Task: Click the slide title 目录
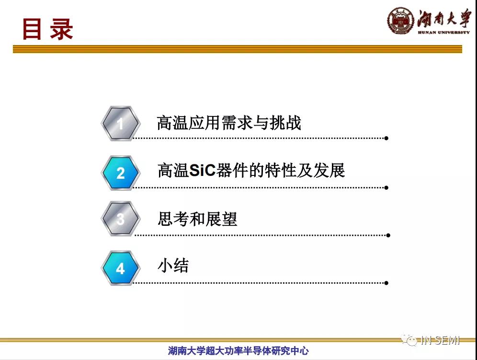pos(47,29)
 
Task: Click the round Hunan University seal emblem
pos(401,21)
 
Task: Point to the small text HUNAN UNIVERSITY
pos(444,32)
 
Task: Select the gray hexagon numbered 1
pos(121,123)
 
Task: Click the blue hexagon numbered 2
pos(121,173)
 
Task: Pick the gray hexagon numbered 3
pos(121,219)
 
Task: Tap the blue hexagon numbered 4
pos(121,268)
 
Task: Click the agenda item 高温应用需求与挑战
pos(229,123)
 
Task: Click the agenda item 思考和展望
pos(197,219)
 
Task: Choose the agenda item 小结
pos(173,265)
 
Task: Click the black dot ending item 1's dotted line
pos(386,138)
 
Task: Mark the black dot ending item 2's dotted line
pos(386,187)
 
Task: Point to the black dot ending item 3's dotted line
pos(388,235)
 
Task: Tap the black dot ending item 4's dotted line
pos(386,283)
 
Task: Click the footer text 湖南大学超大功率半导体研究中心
pos(238,350)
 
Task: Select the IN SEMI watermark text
pos(440,340)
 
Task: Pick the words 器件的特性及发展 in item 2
pos(281,170)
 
